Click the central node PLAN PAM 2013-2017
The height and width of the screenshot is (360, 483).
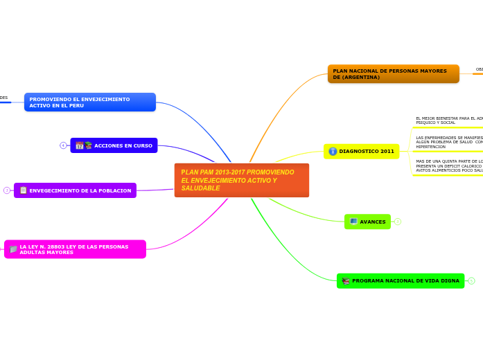241,180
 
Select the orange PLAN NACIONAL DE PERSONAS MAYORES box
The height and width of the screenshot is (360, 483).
393,73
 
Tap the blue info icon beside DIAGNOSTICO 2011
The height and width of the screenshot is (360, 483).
333,152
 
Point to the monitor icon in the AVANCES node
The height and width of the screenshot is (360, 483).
353,222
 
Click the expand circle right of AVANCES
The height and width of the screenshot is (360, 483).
398,222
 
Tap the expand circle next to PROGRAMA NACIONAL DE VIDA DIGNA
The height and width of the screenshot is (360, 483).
471,281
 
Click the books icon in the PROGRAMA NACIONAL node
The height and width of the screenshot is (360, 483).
345,281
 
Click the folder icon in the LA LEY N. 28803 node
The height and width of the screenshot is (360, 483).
13,249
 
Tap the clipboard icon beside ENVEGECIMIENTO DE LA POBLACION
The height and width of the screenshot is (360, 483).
23,190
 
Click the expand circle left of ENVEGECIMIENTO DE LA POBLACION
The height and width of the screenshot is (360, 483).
7,190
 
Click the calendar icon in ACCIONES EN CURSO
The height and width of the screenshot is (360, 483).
80,145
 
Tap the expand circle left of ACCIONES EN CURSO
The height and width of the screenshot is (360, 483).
63,145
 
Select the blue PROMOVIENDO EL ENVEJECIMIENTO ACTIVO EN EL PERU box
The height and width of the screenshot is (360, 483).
90,102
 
